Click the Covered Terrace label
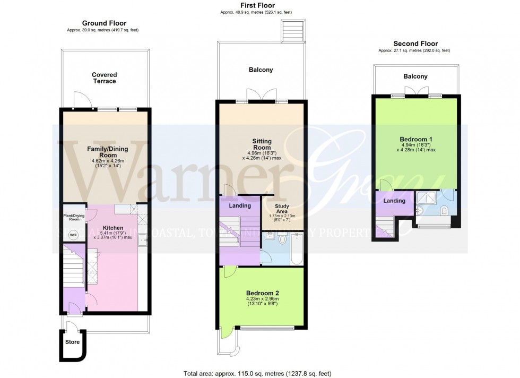(x=104, y=78)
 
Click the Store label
(x=72, y=342)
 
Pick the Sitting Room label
(x=262, y=144)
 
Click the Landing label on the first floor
(x=239, y=205)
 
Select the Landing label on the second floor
(x=394, y=201)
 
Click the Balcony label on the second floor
(x=415, y=76)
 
